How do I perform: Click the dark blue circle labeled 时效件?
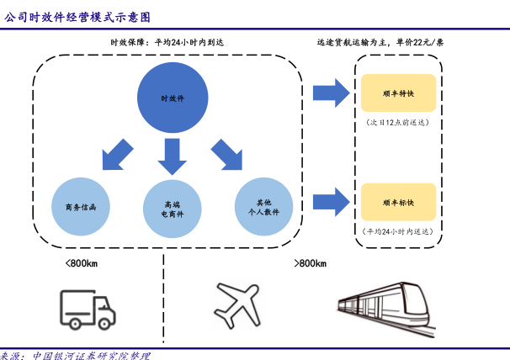[x=173, y=98]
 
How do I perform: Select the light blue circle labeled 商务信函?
[x=81, y=206]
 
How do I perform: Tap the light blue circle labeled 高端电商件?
[x=173, y=206]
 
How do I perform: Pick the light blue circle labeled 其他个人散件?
[x=264, y=206]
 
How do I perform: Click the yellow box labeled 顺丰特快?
[x=399, y=93]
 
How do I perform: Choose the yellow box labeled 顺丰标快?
[x=399, y=202]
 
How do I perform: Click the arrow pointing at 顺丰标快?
[x=332, y=200]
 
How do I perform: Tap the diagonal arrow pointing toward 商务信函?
[x=116, y=153]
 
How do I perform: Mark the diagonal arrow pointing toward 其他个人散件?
[x=227, y=153]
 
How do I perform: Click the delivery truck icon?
[x=87, y=309]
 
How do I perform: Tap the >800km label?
[x=310, y=264]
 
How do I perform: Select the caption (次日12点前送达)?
[x=399, y=123]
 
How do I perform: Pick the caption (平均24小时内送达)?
[x=399, y=231]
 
